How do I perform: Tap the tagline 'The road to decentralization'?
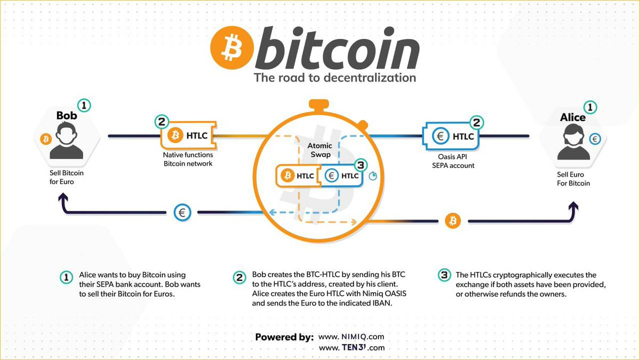(334, 77)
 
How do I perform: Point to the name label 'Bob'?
(67, 116)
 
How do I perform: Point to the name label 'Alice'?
(573, 117)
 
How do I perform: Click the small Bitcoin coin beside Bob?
(46, 139)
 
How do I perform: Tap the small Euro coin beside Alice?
(595, 139)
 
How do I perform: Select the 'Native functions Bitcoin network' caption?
(188, 159)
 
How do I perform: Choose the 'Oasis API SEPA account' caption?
(453, 161)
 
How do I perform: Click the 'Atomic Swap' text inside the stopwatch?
(320, 150)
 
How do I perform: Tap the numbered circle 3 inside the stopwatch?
(361, 165)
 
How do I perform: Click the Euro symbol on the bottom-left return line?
(182, 213)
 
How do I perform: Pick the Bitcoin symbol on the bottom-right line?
(453, 220)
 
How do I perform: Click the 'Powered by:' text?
(284, 337)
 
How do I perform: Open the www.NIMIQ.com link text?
(351, 337)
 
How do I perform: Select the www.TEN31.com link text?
(351, 348)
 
